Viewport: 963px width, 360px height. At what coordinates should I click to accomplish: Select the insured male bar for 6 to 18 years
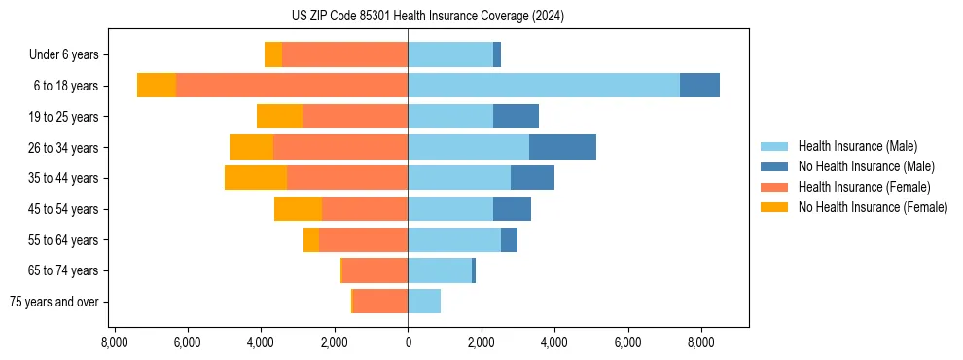tap(543, 86)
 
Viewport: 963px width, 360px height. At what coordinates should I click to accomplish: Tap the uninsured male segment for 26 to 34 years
tap(562, 147)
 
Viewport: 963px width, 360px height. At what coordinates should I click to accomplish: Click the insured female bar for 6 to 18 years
tap(292, 86)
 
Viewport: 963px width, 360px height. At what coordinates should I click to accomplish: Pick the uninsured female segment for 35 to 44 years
tap(256, 178)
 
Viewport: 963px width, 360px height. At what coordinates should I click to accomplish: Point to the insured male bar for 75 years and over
tap(424, 302)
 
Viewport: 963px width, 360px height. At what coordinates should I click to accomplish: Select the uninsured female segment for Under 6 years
tap(273, 54)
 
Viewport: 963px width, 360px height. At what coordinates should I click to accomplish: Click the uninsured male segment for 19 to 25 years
tap(516, 117)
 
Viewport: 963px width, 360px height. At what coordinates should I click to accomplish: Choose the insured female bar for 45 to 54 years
tap(365, 209)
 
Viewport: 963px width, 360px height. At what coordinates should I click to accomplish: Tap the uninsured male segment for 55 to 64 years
tap(509, 239)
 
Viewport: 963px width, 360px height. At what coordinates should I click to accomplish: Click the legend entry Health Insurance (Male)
tap(857, 146)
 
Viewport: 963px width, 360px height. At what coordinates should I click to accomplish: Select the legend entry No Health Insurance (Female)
tap(873, 207)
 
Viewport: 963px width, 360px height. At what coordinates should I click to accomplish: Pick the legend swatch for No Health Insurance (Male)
tap(774, 166)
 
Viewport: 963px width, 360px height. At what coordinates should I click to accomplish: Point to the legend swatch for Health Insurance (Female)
tap(774, 187)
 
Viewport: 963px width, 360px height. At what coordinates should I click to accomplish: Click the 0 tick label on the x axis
tap(408, 342)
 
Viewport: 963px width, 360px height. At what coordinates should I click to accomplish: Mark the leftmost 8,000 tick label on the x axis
tap(115, 342)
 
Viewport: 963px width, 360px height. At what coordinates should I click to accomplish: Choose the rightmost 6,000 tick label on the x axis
tap(627, 342)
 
